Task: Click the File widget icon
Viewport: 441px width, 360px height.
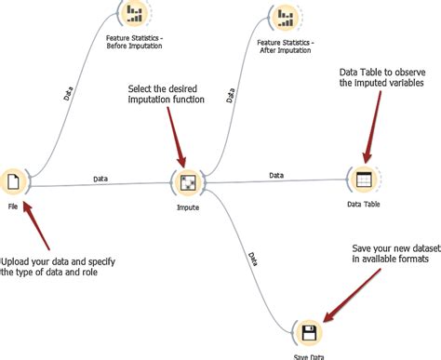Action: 14,180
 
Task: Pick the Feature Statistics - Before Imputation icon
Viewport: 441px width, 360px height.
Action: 135,13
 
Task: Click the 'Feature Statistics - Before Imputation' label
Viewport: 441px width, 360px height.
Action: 136,43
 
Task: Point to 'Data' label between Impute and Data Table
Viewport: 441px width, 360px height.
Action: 276,174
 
